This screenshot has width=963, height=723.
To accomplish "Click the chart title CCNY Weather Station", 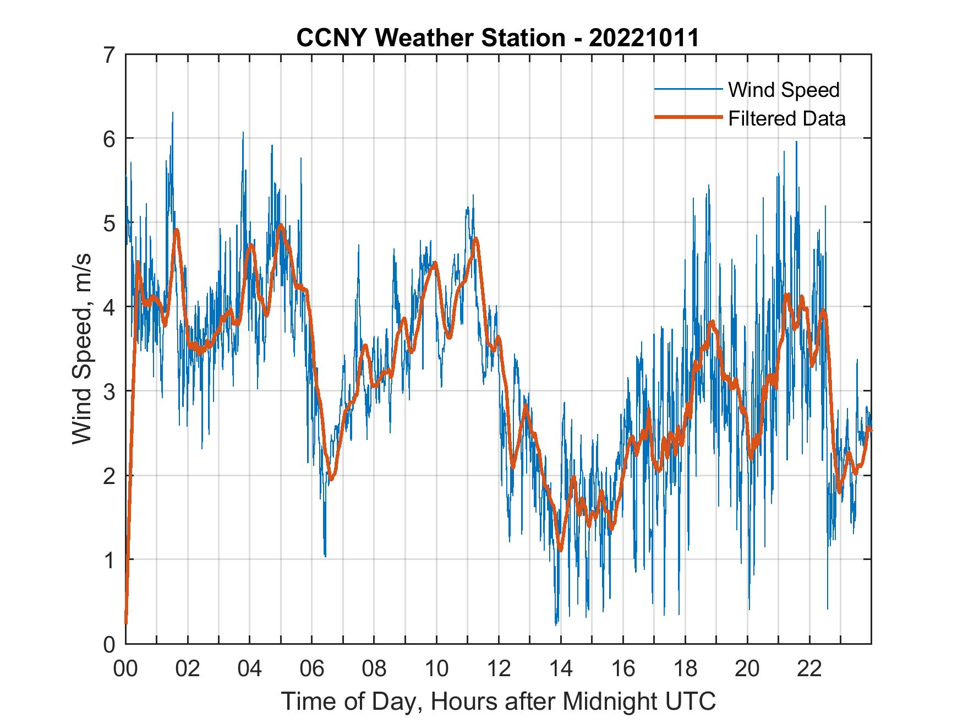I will pos(430,38).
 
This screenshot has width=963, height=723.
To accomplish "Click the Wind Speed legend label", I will pos(784,90).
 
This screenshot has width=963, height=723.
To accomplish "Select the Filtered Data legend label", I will pos(786,118).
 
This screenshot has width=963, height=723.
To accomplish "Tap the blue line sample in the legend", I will pos(688,89).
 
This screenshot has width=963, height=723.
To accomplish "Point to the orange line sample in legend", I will pos(688,118).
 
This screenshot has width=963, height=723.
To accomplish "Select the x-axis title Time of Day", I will pos(499,702).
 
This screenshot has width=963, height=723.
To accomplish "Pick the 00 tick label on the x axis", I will pos(125,668).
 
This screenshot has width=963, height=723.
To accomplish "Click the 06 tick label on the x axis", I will pos(312,668).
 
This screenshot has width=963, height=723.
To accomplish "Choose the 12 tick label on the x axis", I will pos(499,668).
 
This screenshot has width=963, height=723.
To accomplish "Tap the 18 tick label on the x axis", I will pos(685,668).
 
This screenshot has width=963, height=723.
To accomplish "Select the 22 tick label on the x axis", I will pos(809,668).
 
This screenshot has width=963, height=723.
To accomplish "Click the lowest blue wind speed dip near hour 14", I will pos(556,624).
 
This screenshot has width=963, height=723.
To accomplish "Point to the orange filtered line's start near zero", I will pos(126,622).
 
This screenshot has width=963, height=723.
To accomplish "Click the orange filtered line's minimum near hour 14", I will pos(561,549).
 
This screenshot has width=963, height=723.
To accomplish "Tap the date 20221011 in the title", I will pos(644,38).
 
